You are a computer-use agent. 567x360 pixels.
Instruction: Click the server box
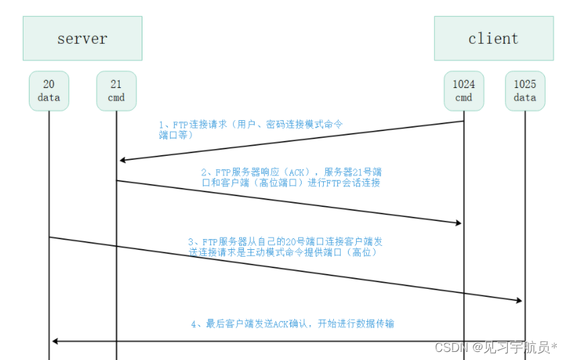[x=82, y=38]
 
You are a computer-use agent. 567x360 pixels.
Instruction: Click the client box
[x=493, y=38]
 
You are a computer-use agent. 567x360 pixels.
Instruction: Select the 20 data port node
[x=49, y=91]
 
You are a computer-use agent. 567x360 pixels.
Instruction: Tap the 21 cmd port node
[x=116, y=91]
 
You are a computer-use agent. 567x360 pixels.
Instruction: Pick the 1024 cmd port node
[x=464, y=91]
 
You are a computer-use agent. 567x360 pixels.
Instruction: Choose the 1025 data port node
[x=525, y=91]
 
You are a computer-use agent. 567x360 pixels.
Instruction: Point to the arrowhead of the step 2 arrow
[x=458, y=223]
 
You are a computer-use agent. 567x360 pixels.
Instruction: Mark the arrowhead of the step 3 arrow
[x=519, y=301]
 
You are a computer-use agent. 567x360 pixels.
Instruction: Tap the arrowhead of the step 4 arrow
[x=55, y=341]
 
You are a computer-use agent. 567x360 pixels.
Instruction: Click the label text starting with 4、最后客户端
[x=292, y=324]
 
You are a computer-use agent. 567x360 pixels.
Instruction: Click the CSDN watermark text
[x=496, y=347]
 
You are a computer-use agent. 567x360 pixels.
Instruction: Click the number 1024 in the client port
[x=464, y=85]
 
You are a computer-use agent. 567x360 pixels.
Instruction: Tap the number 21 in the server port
[x=116, y=85]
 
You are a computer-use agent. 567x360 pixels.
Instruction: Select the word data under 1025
[x=525, y=98]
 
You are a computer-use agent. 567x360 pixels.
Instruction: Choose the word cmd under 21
[x=116, y=98]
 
